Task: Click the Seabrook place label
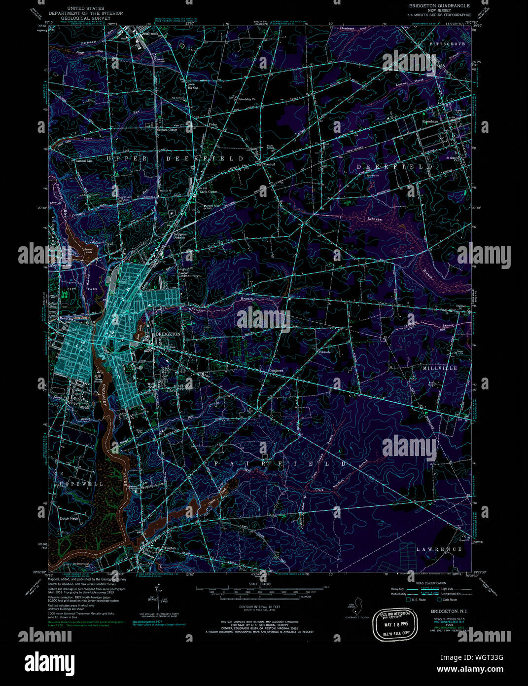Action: [x=149, y=34]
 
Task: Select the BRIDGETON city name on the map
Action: [x=168, y=334]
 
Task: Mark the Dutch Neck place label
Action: [x=69, y=519]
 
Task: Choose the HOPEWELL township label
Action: [x=81, y=484]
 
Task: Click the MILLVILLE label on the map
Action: [x=440, y=368]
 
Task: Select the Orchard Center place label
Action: [x=166, y=130]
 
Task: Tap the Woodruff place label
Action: [x=269, y=164]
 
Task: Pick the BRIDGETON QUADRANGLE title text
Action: [x=433, y=5]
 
